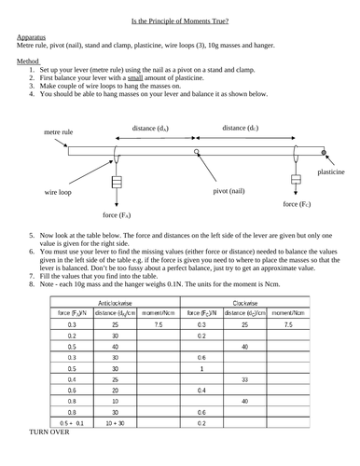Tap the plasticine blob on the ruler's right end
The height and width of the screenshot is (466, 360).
tap(324, 151)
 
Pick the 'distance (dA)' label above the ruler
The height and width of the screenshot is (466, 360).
tap(150, 128)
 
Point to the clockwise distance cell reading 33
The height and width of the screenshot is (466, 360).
tap(243, 380)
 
